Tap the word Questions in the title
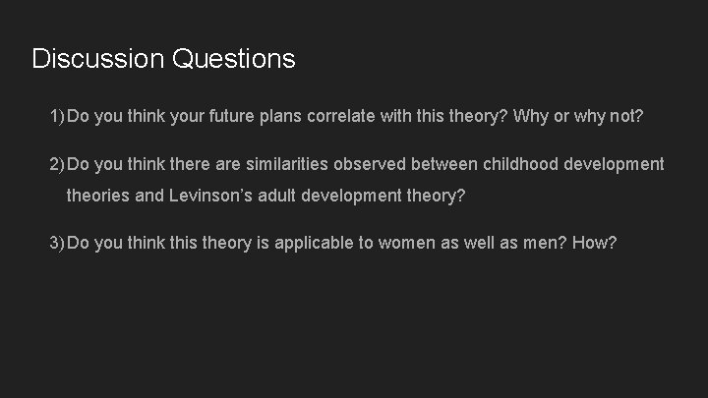tap(233, 59)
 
